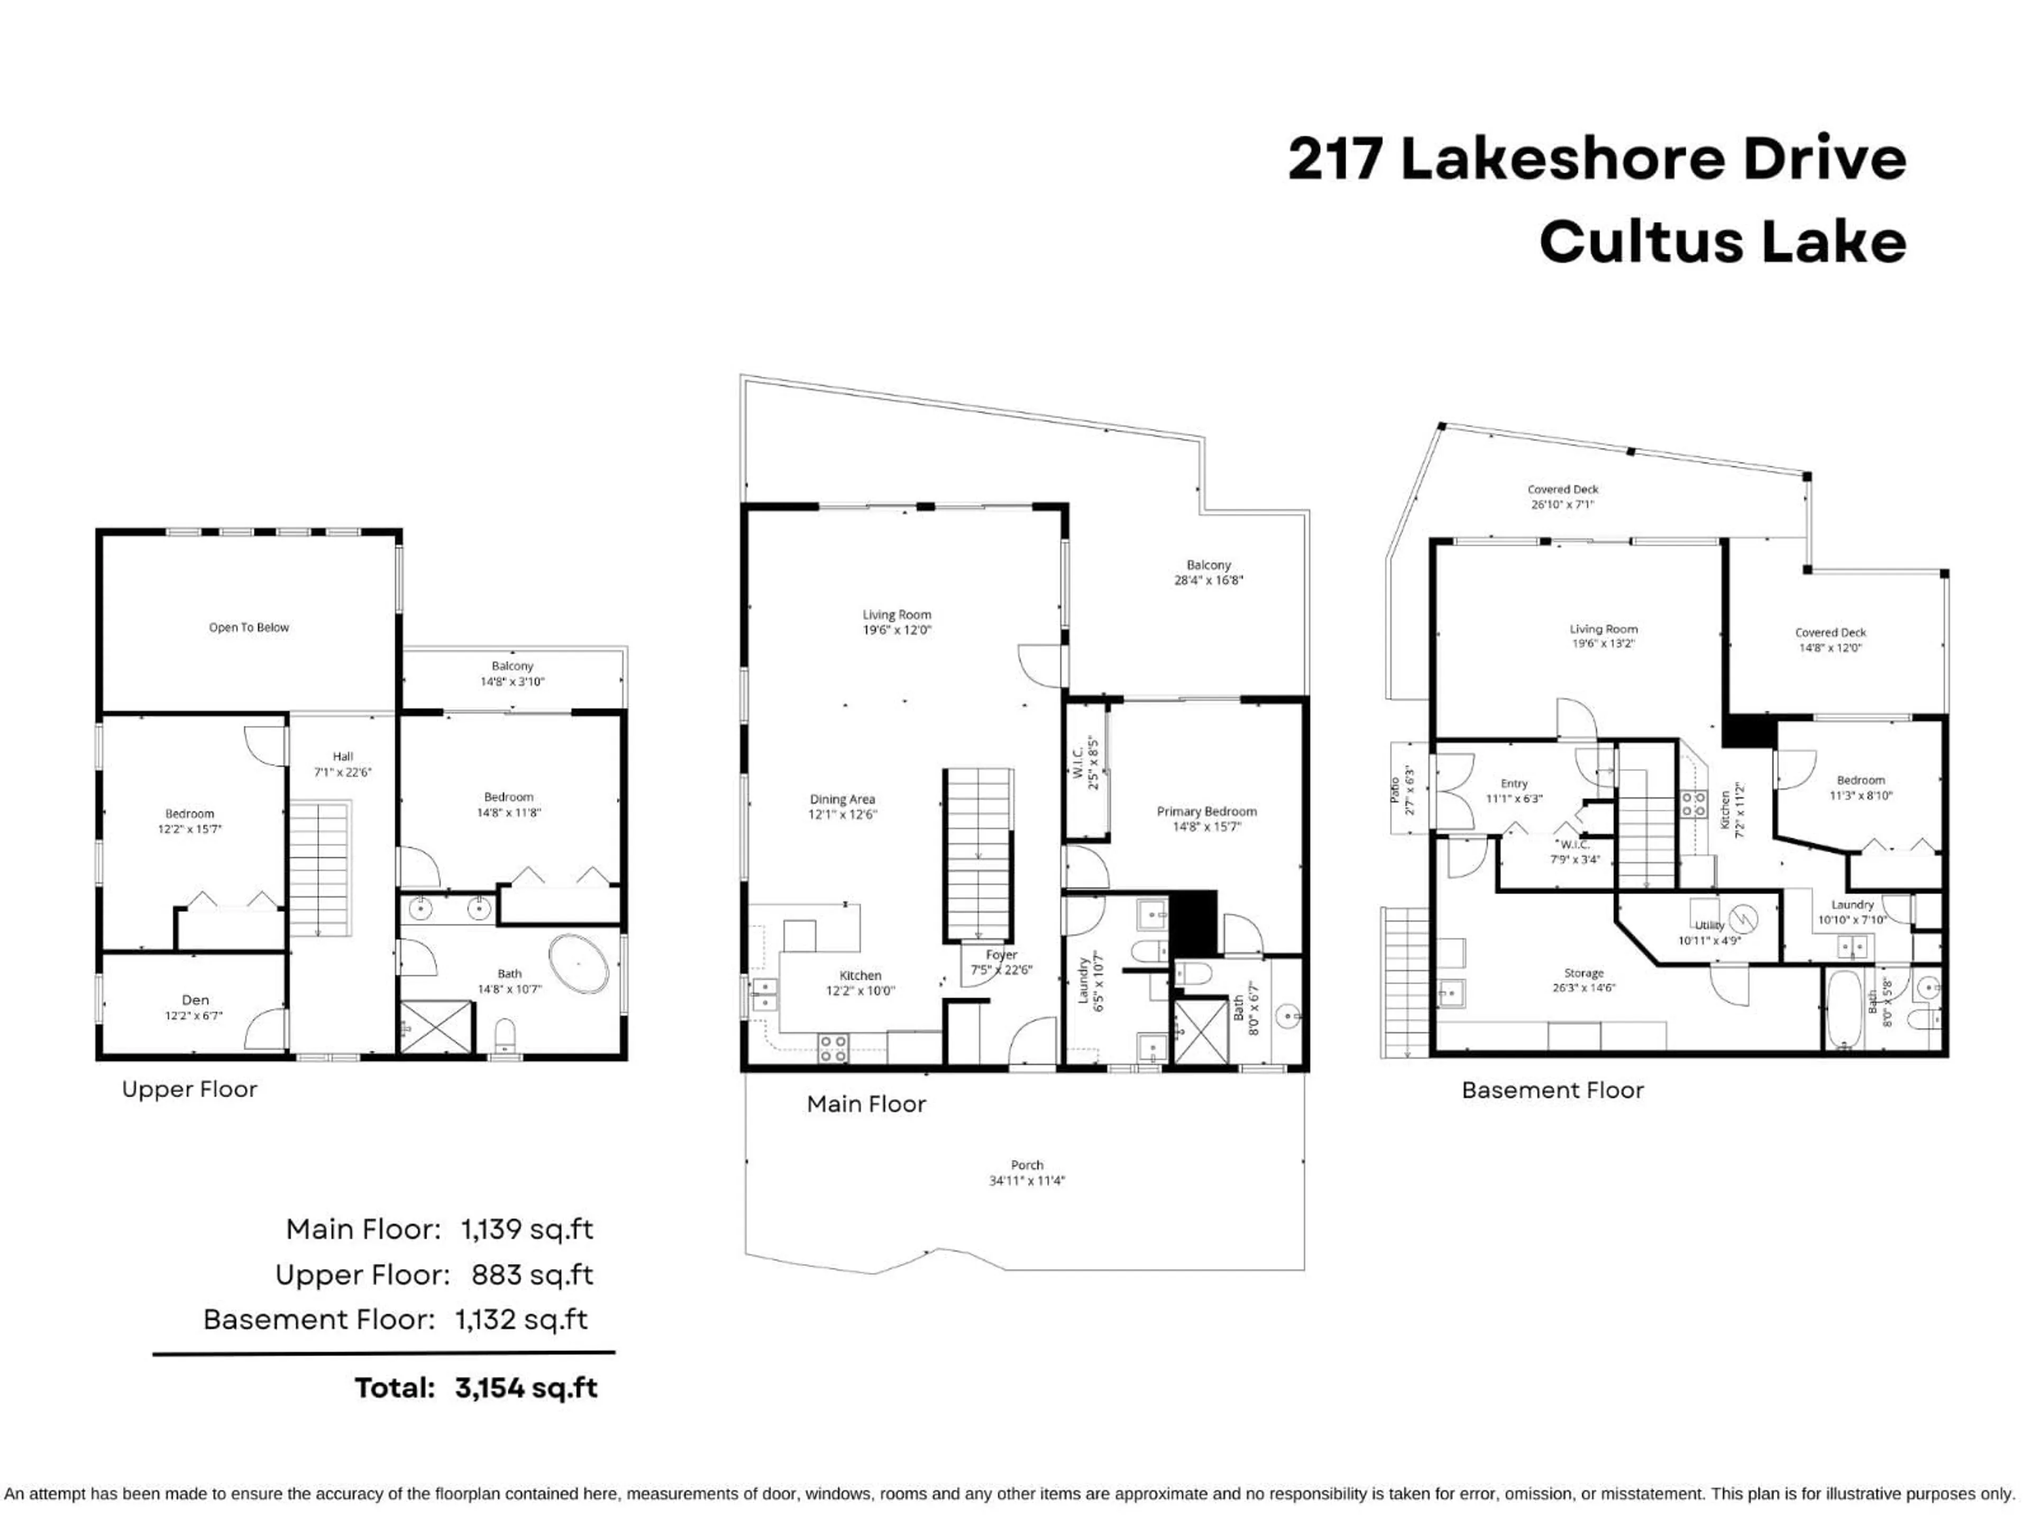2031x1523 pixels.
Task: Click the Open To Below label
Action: pyautogui.click(x=249, y=628)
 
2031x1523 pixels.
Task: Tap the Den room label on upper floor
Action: pyautogui.click(x=195, y=999)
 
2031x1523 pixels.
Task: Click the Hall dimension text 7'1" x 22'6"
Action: pyautogui.click(x=343, y=772)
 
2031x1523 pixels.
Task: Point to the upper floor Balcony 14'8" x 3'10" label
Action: pyautogui.click(x=513, y=674)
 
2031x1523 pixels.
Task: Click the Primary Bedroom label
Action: pyautogui.click(x=1206, y=812)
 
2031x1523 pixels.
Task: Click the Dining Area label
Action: pyautogui.click(x=842, y=800)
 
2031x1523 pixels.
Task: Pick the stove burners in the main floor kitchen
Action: pyautogui.click(x=833, y=1048)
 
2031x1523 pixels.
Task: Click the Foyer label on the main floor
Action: pyautogui.click(x=1002, y=955)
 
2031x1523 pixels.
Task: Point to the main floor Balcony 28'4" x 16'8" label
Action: pyautogui.click(x=1209, y=573)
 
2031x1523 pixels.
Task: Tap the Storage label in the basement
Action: pyautogui.click(x=1584, y=973)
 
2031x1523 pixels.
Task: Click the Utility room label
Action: pyautogui.click(x=1709, y=925)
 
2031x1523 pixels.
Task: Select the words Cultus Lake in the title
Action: pyautogui.click(x=1723, y=242)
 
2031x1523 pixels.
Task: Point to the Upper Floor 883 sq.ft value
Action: pyautogui.click(x=532, y=1275)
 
